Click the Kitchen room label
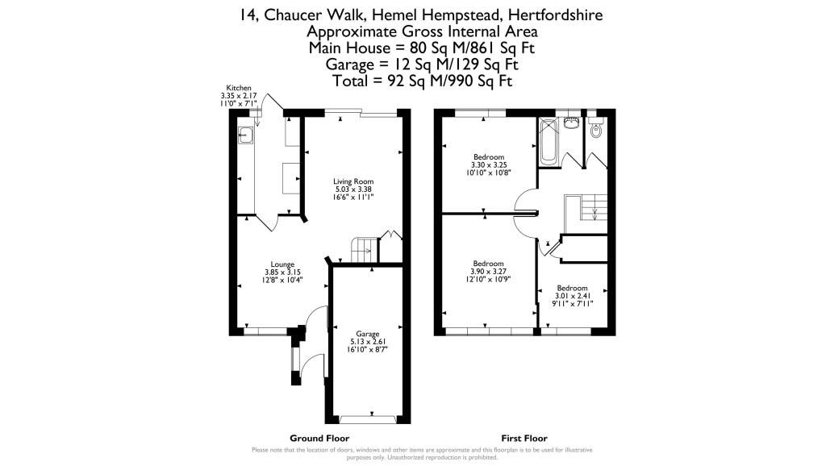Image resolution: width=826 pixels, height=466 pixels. tap(239, 88)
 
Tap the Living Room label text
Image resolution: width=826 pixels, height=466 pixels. tap(353, 181)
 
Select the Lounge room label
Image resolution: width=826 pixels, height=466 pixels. tap(282, 264)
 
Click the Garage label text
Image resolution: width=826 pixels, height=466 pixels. tap(367, 334)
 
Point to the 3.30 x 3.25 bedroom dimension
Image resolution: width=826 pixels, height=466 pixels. tap(489, 164)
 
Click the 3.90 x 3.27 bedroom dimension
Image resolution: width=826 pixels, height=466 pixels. tap(488, 272)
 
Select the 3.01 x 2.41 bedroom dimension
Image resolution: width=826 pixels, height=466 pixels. tap(572, 296)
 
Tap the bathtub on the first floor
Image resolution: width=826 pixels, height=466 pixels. tap(549, 140)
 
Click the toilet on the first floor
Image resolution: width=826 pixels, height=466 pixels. tap(596, 128)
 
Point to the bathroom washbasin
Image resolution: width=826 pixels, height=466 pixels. tap(571, 123)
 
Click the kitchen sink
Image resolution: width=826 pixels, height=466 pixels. tap(245, 135)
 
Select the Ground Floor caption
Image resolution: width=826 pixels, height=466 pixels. tap(319, 438)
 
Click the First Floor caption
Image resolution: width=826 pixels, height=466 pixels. tap(524, 438)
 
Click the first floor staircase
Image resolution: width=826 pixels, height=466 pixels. tap(586, 214)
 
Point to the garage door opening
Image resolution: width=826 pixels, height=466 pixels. tap(367, 420)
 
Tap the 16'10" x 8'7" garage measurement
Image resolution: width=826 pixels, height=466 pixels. tap(368, 348)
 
